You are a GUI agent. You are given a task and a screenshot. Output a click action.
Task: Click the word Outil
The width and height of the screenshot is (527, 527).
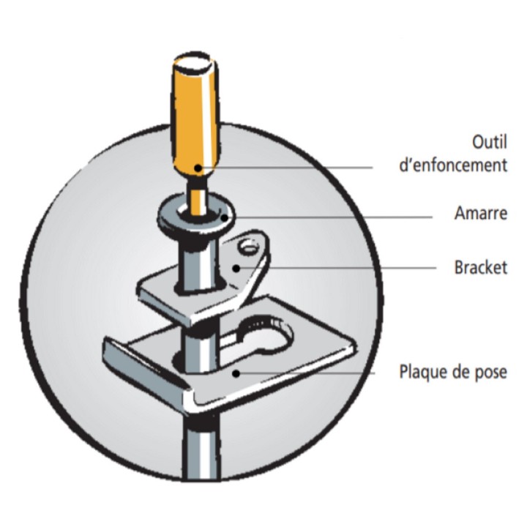(490, 142)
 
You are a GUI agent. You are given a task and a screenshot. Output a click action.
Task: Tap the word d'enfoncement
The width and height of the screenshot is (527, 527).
(453, 165)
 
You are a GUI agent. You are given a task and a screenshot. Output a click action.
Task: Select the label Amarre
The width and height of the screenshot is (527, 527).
(481, 213)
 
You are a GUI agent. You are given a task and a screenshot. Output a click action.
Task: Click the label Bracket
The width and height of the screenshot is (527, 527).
(481, 268)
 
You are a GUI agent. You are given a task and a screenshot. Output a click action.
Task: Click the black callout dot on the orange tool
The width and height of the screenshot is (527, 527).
(198, 168)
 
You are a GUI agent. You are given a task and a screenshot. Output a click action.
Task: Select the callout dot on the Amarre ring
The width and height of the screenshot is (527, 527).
(224, 217)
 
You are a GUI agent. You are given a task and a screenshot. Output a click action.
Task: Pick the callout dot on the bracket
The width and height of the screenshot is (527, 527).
(236, 268)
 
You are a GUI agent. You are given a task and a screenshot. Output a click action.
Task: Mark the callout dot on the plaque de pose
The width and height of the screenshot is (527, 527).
(236, 373)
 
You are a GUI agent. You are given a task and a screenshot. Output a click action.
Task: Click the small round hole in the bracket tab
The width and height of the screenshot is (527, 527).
(249, 247)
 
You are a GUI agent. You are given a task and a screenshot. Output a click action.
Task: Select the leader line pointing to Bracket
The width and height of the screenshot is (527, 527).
(336, 268)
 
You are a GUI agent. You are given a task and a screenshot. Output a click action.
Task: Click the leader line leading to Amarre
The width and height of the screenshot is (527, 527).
(328, 217)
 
